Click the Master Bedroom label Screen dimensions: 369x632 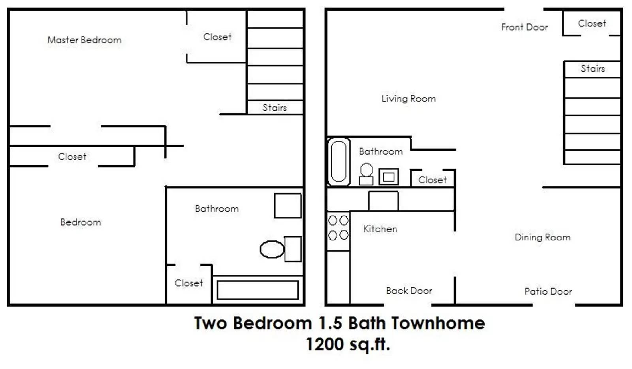click(84, 40)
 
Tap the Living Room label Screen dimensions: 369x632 click(408, 98)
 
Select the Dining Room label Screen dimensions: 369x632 click(542, 237)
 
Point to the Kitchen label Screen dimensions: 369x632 click(380, 229)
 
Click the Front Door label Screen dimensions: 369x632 click(525, 27)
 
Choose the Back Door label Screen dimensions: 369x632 click(409, 291)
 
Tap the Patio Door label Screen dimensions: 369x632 click(548, 291)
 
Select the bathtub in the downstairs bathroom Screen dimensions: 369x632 click(339, 161)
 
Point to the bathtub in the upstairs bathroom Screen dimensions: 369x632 click(258, 290)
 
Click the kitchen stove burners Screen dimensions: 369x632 click(339, 228)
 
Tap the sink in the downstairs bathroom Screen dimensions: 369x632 click(389, 177)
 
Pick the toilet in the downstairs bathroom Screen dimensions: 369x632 click(366, 174)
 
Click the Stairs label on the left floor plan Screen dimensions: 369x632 click(275, 108)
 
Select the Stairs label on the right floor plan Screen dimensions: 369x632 click(592, 69)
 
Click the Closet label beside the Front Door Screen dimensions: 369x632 click(592, 24)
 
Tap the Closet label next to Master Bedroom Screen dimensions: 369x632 click(217, 37)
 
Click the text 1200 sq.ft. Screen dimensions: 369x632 click(348, 344)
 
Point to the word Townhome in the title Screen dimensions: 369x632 click(438, 323)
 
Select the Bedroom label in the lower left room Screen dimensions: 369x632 click(81, 222)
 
